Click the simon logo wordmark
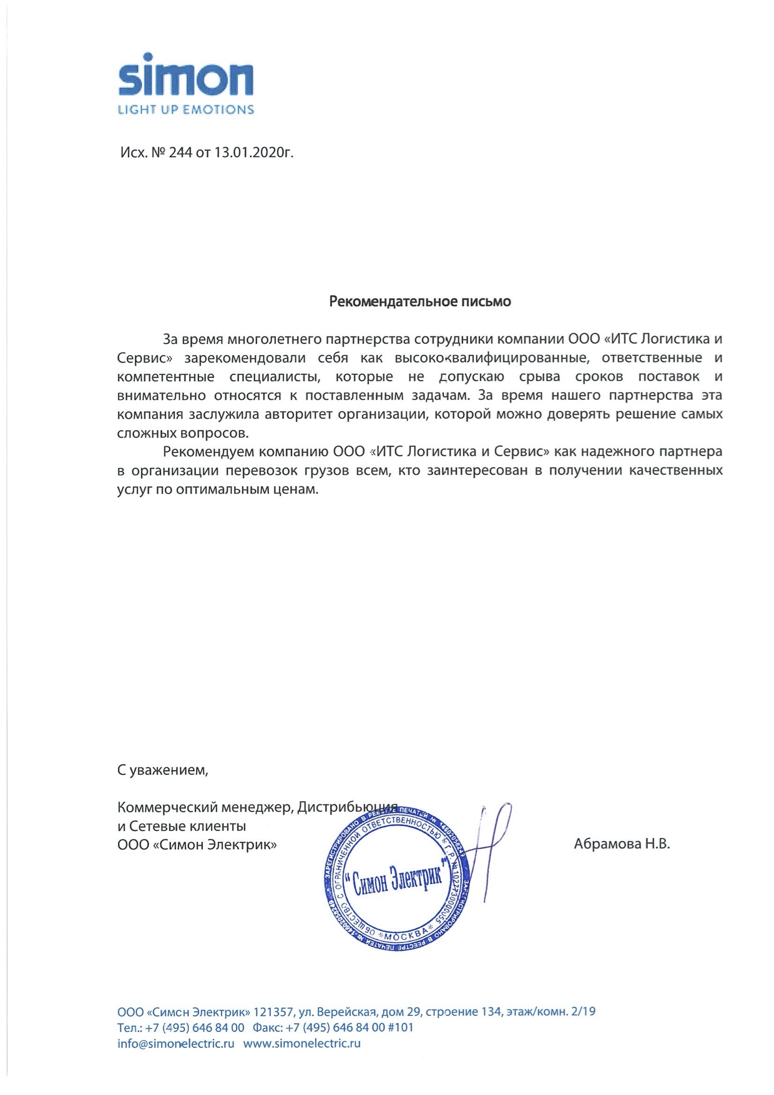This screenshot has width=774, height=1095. click(x=185, y=79)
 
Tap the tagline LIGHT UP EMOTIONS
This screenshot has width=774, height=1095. click(x=185, y=110)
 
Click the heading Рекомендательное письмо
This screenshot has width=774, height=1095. click(x=420, y=302)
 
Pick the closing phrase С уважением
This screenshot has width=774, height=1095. click(x=162, y=770)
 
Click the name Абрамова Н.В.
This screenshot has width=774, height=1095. click(x=622, y=845)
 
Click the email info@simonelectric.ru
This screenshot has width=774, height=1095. click(x=176, y=1043)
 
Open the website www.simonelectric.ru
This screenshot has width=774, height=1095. click(x=302, y=1043)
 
